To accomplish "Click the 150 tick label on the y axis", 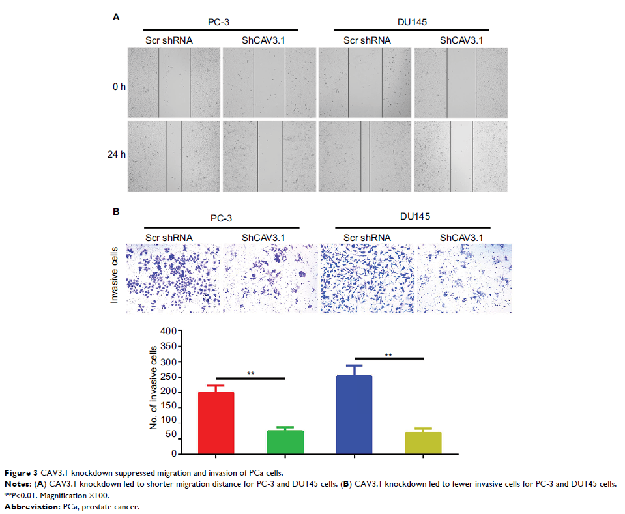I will click(169, 407).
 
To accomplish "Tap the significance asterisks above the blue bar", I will click(388, 355).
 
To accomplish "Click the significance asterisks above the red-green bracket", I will click(251, 374).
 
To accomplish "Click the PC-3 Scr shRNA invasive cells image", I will click(173, 278).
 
